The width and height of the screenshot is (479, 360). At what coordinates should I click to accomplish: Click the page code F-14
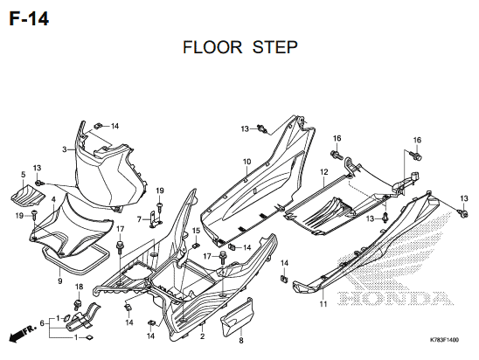tap(29, 19)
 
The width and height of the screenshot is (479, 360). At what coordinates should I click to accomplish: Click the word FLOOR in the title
tap(212, 47)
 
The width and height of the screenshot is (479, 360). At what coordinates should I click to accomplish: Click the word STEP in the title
tap(275, 47)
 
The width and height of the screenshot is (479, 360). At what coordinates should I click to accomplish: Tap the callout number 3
tap(65, 149)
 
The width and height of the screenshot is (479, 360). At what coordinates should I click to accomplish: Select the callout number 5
tap(24, 175)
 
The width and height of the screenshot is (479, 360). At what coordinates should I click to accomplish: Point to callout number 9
tap(59, 280)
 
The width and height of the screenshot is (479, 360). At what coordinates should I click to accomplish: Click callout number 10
tap(246, 162)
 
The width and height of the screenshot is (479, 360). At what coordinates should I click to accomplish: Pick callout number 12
tap(323, 172)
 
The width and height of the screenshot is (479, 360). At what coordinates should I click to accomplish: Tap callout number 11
tap(323, 304)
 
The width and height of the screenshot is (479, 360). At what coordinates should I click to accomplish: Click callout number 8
tap(241, 340)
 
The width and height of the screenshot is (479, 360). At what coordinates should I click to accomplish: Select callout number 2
tap(202, 336)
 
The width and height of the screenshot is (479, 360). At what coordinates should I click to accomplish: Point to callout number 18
tap(79, 287)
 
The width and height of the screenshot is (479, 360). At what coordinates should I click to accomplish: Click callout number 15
tap(196, 231)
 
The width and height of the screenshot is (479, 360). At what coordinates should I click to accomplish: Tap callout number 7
tap(139, 219)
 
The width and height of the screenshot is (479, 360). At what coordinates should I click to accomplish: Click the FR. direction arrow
tap(23, 333)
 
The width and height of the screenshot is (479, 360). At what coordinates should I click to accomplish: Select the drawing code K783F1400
tap(444, 340)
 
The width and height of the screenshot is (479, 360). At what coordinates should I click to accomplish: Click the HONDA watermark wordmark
tap(396, 298)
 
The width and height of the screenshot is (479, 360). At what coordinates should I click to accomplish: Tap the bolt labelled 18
tap(78, 304)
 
